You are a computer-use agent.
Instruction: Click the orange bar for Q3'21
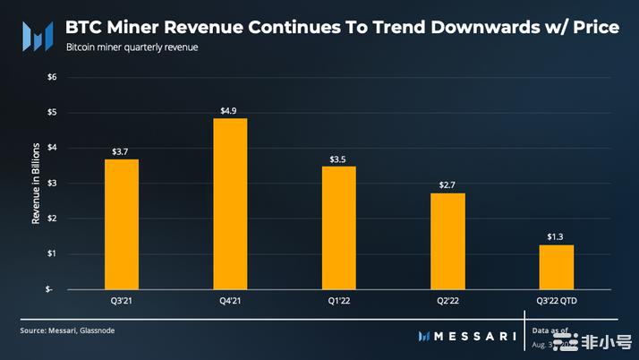click(122, 224)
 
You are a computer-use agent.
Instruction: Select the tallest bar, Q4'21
click(230, 203)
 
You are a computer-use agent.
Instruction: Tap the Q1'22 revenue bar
click(338, 227)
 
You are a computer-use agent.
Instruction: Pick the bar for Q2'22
click(447, 241)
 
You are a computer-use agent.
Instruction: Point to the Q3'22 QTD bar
click(556, 267)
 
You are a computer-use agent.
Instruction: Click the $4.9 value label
click(230, 111)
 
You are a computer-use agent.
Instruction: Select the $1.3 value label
click(556, 237)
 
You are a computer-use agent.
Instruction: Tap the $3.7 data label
click(122, 152)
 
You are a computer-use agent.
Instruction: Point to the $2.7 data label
click(447, 185)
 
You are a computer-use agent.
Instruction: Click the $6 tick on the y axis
click(51, 77)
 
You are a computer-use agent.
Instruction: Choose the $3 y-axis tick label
click(51, 183)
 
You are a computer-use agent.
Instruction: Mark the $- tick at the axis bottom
click(50, 289)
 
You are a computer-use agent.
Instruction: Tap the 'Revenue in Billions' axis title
click(37, 183)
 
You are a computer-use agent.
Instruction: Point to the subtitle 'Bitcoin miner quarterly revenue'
click(132, 47)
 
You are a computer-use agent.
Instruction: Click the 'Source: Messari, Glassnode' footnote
click(67, 330)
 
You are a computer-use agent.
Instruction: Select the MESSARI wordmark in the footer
click(475, 336)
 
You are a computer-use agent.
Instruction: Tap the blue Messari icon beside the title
click(37, 37)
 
